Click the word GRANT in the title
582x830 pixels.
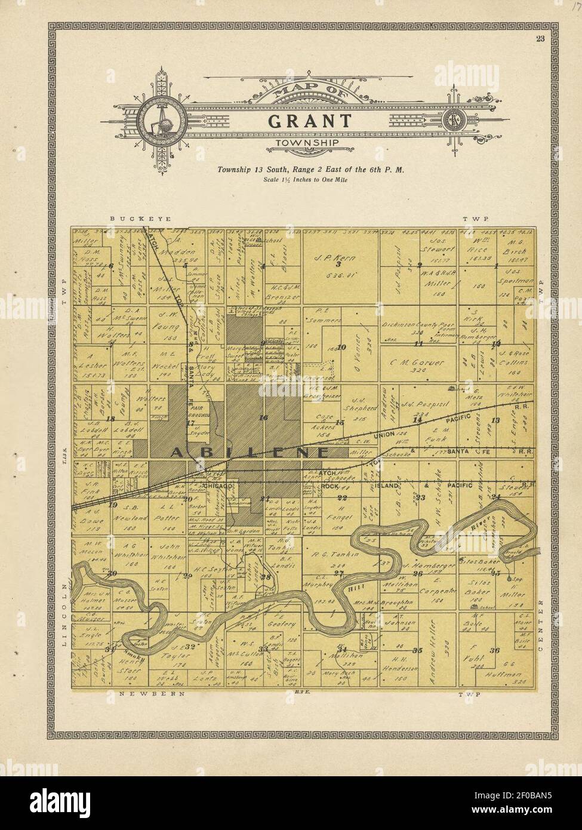click(310, 121)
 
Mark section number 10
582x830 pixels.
click(342, 347)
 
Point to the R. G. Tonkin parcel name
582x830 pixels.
click(338, 555)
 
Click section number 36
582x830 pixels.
click(494, 650)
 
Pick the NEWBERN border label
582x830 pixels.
click(152, 694)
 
